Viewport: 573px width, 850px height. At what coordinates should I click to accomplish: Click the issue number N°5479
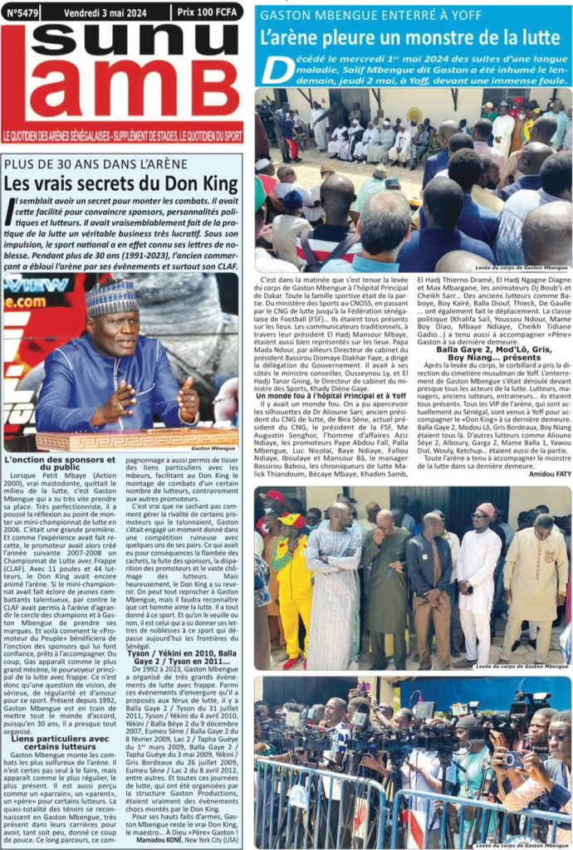(21, 12)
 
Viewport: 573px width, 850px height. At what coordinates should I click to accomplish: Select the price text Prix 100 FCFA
(207, 12)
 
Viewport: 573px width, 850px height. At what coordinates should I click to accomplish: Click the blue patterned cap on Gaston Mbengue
(111, 297)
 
